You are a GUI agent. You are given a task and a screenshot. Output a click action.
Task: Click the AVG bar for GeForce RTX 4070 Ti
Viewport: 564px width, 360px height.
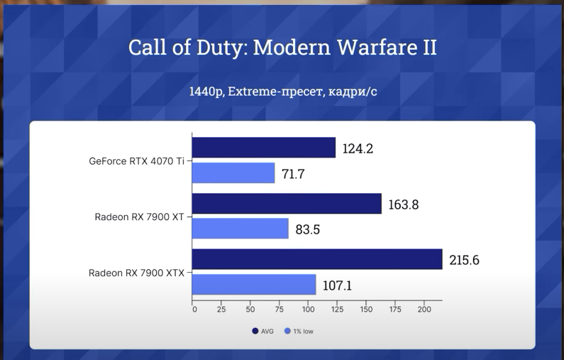pos(263,148)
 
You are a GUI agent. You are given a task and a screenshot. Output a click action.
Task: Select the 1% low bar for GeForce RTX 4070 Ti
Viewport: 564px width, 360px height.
pos(233,173)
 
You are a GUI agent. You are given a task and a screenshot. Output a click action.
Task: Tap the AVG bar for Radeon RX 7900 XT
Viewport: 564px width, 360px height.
pos(287,204)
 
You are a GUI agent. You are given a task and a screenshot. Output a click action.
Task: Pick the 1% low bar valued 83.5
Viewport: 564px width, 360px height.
pos(240,229)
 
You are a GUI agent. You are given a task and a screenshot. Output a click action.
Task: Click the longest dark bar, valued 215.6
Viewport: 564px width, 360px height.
pos(317,259)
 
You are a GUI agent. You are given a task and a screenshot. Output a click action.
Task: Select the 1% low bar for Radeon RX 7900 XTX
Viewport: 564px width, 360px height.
pos(254,285)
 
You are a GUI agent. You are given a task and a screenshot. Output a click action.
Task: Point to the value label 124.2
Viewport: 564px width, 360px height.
pos(358,148)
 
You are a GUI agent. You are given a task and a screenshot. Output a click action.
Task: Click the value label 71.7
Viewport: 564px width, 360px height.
pos(293,173)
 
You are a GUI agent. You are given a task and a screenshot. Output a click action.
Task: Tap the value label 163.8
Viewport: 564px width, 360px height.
pos(403,204)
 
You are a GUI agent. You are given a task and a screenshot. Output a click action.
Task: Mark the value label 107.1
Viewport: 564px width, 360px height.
pos(337,285)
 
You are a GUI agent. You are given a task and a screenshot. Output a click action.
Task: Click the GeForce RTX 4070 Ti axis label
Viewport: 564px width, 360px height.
pos(136,161)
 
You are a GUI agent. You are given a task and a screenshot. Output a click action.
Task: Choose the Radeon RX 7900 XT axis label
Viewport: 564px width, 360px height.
pos(139,217)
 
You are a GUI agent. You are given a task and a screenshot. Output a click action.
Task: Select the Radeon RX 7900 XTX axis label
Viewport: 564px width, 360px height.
pos(136,273)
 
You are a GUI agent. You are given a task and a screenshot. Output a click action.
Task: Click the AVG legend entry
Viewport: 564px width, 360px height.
pos(263,331)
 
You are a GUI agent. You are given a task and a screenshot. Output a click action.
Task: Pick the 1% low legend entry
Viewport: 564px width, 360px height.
pos(299,331)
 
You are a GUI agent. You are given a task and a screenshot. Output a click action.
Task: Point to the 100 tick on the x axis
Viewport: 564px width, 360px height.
pos(309,310)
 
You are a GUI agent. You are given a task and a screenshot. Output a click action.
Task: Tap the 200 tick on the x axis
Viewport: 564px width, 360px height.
pos(424,310)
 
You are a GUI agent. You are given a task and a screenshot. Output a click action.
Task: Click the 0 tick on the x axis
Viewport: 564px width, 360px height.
pos(194,310)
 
